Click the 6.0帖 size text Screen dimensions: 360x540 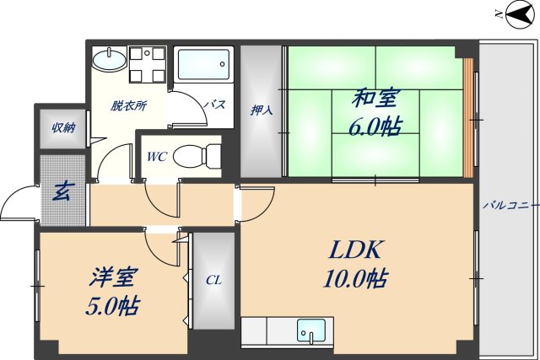(375, 126)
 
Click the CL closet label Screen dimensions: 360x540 (213, 280)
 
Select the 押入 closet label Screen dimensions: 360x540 (261, 110)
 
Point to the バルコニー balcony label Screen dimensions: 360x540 (510, 205)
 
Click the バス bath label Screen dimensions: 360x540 (215, 105)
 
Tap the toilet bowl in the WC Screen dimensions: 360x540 (202, 155)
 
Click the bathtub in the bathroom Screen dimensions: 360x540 (202, 64)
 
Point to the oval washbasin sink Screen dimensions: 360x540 (107, 60)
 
